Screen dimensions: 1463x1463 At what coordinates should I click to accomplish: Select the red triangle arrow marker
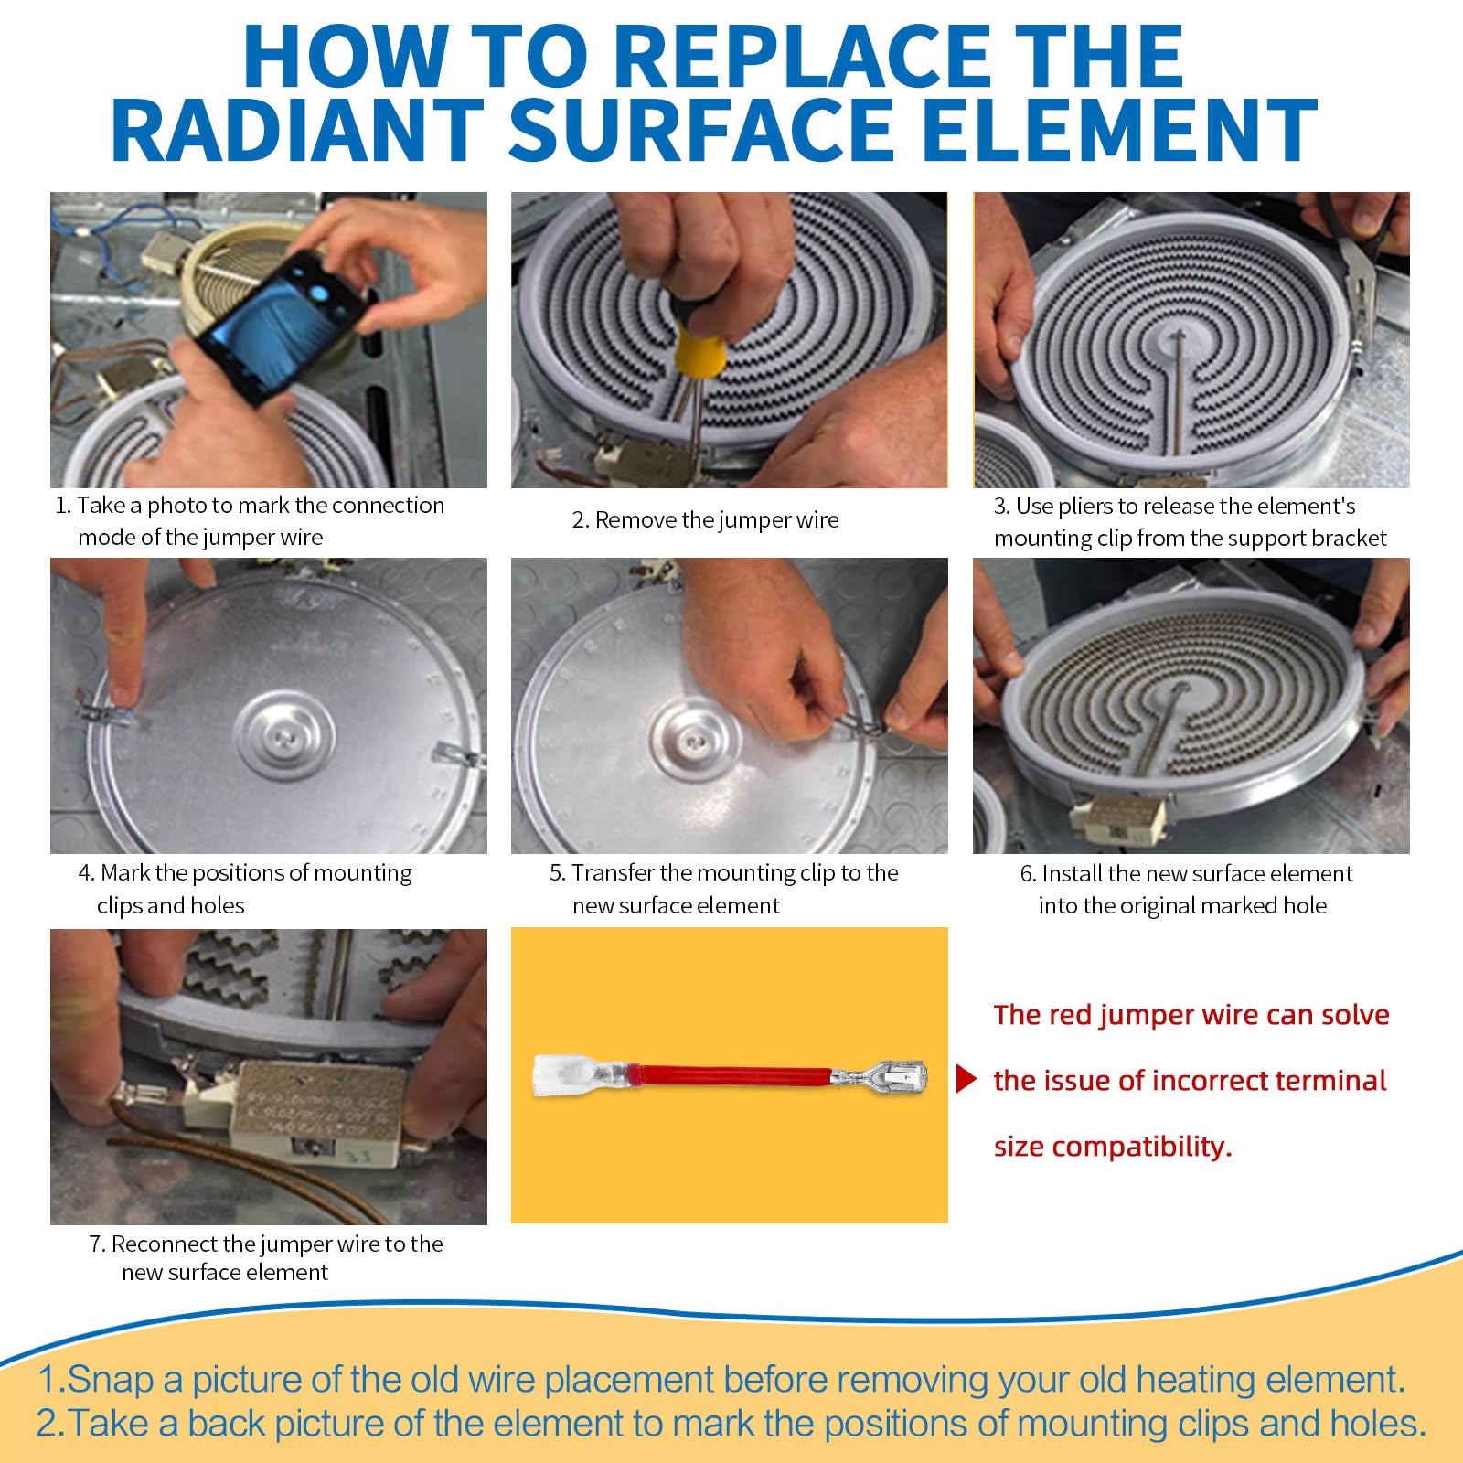(x=966, y=1079)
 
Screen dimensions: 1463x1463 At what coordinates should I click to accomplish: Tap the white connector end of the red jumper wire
(x=562, y=1075)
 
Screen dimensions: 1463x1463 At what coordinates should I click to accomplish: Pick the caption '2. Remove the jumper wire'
(x=705, y=519)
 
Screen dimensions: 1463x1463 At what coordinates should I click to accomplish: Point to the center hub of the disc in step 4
(x=288, y=737)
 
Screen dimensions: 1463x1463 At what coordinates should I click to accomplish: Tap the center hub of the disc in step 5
(x=696, y=737)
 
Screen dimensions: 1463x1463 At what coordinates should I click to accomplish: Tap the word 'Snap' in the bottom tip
(x=110, y=1380)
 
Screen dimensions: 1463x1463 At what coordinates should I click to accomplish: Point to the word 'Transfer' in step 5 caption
(x=613, y=872)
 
